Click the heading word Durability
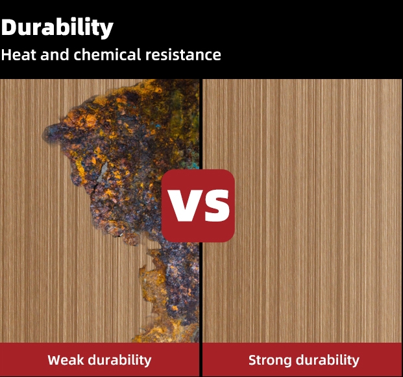tap(57, 28)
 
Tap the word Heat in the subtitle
tap(18, 54)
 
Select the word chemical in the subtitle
tap(107, 54)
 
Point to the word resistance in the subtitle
tap(183, 54)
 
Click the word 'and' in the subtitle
tap(55, 54)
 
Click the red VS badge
tap(198, 206)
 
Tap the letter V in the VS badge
tap(182, 206)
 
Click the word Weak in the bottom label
tap(66, 360)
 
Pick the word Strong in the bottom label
tap(270, 360)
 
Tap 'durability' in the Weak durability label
tap(120, 360)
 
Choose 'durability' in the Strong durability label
tap(328, 360)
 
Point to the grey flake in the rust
tap(102, 172)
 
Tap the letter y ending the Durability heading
tap(106, 30)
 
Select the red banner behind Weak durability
tap(99, 360)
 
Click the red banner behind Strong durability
tap(302, 360)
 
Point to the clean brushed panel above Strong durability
tap(302, 211)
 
